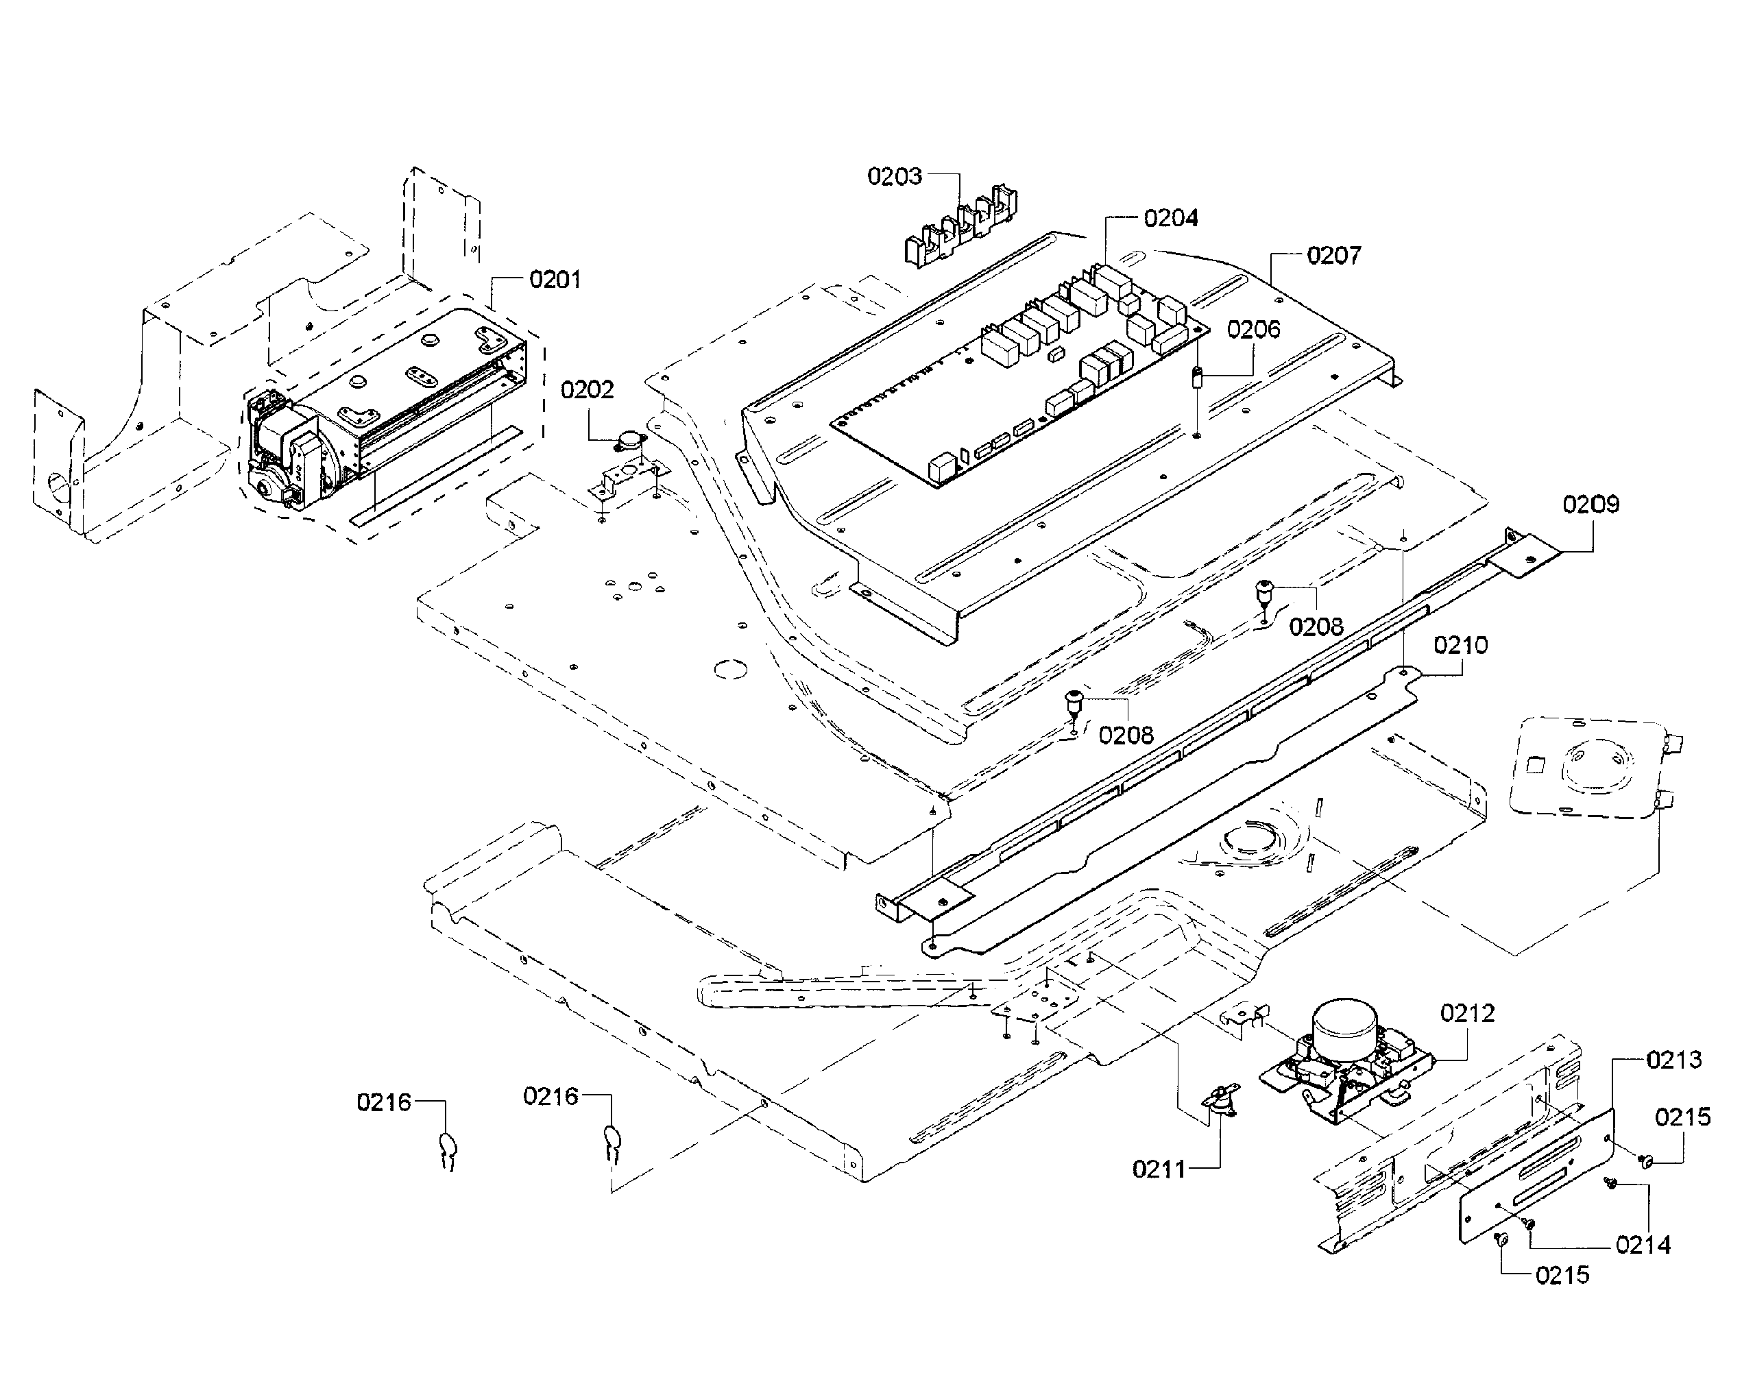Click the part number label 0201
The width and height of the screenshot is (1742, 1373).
coord(555,280)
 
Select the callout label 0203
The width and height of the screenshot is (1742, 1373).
coord(894,176)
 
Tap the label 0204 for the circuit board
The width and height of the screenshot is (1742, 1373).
coord(1170,218)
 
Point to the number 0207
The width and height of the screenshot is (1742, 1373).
coord(1333,256)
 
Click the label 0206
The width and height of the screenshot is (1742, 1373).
coord(1253,329)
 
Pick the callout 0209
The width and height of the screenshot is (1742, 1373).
coord(1590,504)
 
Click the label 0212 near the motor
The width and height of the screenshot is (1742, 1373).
coord(1467,1013)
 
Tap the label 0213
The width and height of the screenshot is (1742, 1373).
coord(1673,1060)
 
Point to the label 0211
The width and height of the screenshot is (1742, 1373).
coord(1159,1169)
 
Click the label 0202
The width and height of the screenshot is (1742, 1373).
coord(587,390)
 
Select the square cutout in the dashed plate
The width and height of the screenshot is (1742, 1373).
coord(1534,764)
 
